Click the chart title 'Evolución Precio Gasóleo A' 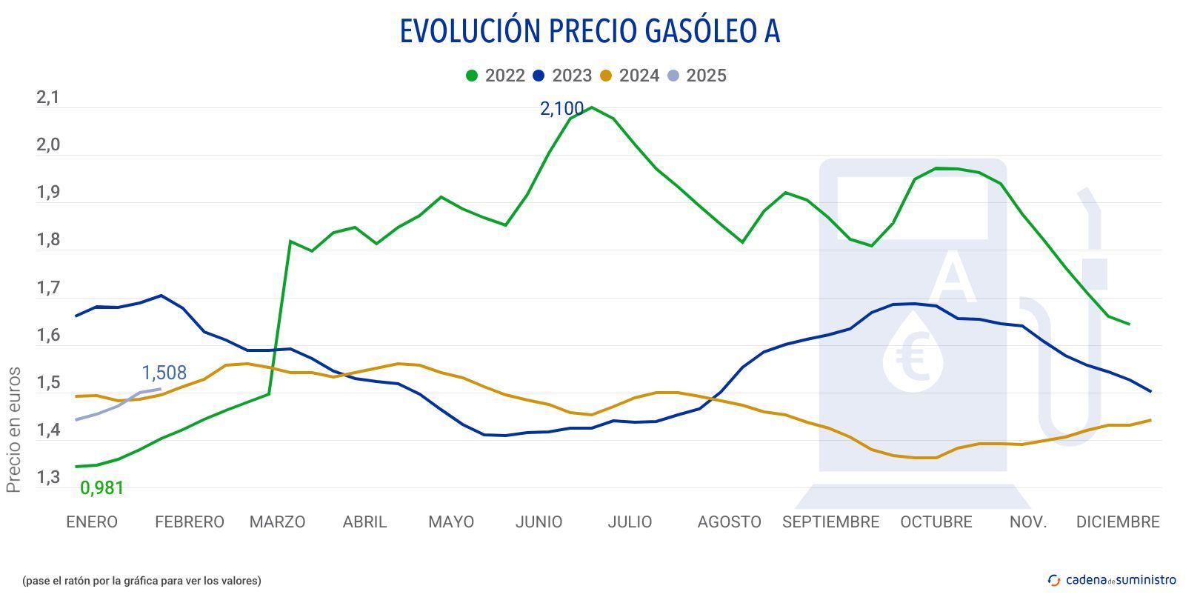[590, 31]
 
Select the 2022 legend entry [496, 76]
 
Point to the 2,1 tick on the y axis [48, 98]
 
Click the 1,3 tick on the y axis [48, 478]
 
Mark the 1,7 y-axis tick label [48, 288]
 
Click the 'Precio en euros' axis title [13, 430]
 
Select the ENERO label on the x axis [92, 522]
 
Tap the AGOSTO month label [729, 522]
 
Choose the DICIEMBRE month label [1117, 522]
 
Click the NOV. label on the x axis [1028, 522]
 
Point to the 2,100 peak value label [561, 109]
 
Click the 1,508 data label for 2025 [164, 373]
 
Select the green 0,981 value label [101, 488]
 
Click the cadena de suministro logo [1111, 580]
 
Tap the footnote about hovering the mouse [141, 581]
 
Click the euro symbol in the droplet [912, 357]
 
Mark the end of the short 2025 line [160, 389]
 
